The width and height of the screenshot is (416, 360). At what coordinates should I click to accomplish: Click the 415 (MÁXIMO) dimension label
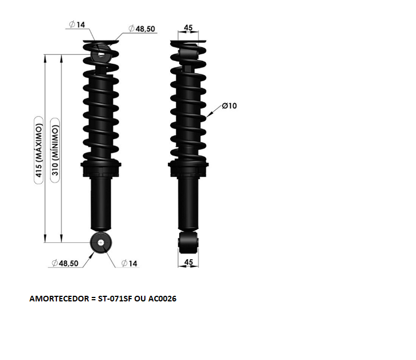coord(39,150)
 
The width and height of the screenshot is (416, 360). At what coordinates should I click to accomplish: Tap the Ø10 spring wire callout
coord(229,106)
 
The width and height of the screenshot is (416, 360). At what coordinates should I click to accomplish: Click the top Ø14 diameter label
coord(77,25)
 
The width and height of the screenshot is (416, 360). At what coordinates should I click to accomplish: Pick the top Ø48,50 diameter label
coord(141,29)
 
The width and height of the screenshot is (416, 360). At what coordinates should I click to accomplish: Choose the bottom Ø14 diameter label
coord(129,263)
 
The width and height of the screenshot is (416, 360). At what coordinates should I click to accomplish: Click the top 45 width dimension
coord(188,28)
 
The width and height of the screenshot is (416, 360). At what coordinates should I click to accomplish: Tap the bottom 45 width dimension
coord(188,262)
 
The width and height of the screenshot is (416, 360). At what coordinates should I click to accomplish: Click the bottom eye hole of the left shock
coord(101,243)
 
